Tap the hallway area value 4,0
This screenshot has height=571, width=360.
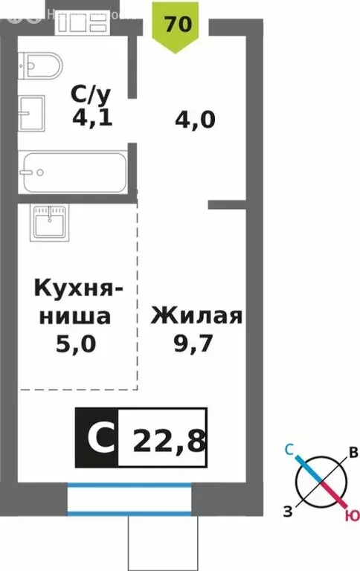coord(196,120)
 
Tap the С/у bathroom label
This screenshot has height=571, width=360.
coord(91,94)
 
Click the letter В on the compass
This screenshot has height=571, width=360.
coord(354,453)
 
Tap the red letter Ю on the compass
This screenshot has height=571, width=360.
coord(349,515)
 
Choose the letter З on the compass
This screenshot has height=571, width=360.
coord(286,509)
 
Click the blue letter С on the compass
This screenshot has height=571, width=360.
coord(292,448)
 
